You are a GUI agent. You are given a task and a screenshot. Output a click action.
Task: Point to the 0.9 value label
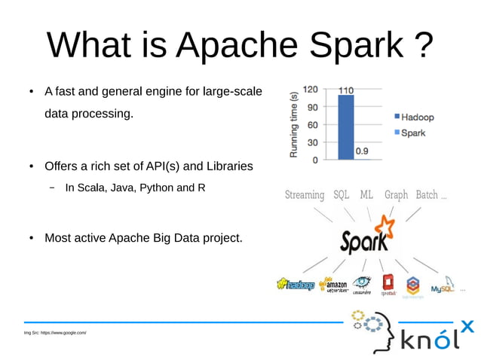click(x=363, y=151)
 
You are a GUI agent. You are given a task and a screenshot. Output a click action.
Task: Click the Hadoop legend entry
click(x=412, y=117)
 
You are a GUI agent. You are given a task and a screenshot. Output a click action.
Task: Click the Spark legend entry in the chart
click(x=408, y=133)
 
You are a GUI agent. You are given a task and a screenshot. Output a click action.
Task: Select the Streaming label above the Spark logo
click(x=305, y=195)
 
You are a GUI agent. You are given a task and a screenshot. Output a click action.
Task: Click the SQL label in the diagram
click(x=340, y=195)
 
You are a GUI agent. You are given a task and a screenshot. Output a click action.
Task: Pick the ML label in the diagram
click(x=366, y=195)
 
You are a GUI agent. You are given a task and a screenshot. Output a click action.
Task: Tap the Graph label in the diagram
click(x=396, y=195)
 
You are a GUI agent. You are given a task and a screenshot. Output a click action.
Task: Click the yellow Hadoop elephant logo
click(x=295, y=285)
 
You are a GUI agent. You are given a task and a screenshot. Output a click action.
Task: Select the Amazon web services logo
click(x=333, y=285)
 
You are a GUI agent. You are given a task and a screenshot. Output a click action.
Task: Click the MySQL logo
click(x=443, y=286)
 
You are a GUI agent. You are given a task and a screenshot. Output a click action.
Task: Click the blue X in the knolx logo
click(x=467, y=326)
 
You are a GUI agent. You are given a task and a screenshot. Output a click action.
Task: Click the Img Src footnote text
click(x=55, y=332)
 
